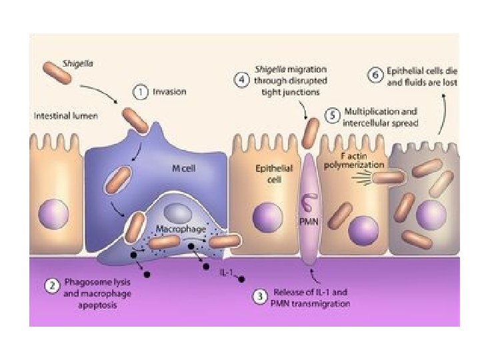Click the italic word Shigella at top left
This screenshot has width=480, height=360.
coord(77,63)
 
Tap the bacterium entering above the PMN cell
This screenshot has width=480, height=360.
coord(311,132)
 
